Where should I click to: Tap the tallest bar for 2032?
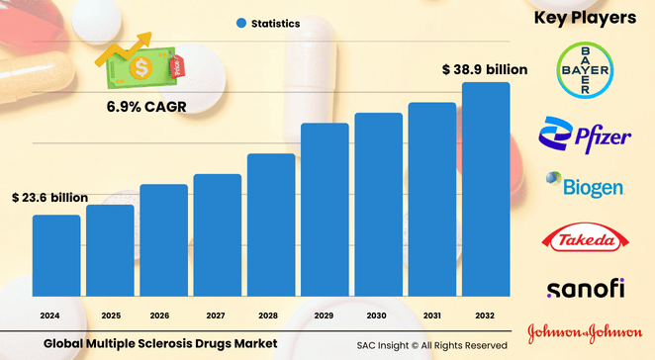(x=486, y=188)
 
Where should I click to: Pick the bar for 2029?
(x=325, y=209)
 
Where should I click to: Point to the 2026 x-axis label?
(x=163, y=315)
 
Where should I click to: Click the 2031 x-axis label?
(x=432, y=315)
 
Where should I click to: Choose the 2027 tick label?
(x=218, y=315)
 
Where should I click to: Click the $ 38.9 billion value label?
(x=484, y=70)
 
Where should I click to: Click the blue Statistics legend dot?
(x=240, y=23)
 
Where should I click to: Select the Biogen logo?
(x=584, y=186)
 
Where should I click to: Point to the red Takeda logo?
(x=584, y=237)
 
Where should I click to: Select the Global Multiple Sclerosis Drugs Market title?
(x=159, y=343)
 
